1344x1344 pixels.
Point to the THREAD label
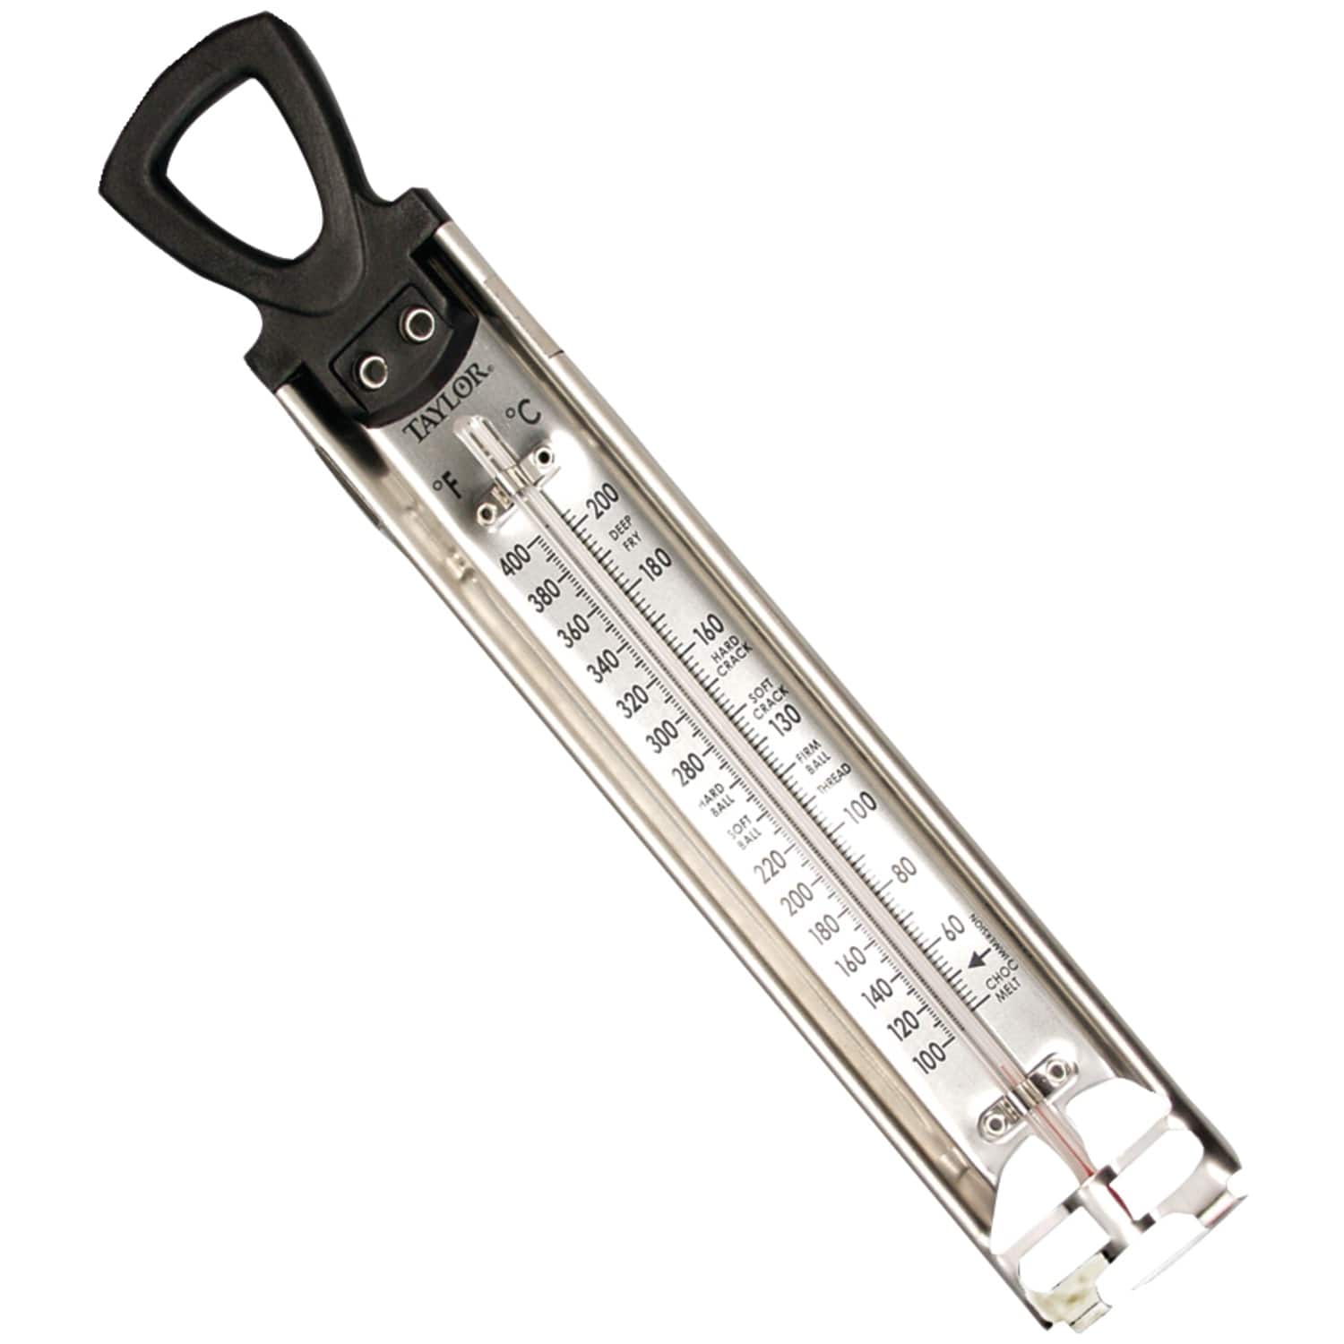coord(835,778)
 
